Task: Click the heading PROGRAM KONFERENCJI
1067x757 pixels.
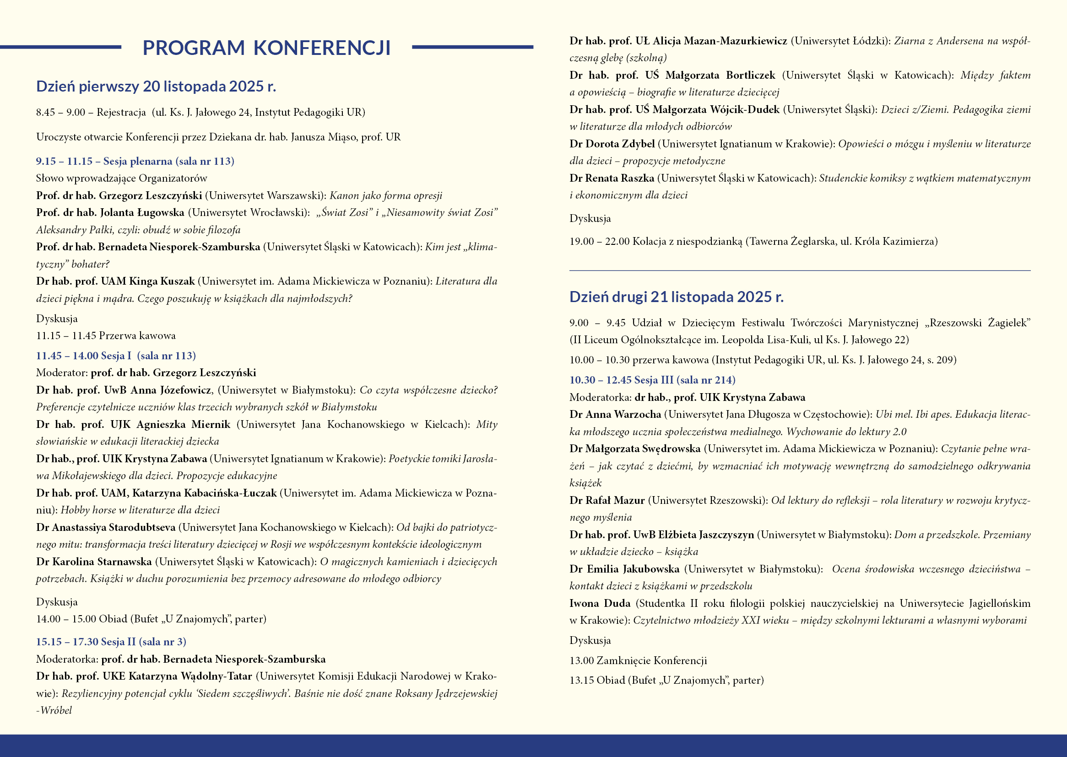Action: (x=266, y=48)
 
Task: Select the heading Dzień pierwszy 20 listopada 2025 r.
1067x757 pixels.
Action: (x=156, y=86)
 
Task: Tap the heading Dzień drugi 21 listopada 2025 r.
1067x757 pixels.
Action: (x=677, y=297)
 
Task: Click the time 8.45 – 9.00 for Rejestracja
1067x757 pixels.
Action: (x=60, y=112)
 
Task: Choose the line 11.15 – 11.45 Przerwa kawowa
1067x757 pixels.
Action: (x=106, y=335)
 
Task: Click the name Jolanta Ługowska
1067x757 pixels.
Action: (x=142, y=212)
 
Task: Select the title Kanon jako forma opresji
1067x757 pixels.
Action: (x=385, y=195)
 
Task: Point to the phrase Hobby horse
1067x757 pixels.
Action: (x=88, y=510)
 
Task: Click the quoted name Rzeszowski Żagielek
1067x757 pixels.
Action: (x=977, y=323)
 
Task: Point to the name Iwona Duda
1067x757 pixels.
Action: (x=600, y=603)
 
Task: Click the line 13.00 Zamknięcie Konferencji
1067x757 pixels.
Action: (x=638, y=660)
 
